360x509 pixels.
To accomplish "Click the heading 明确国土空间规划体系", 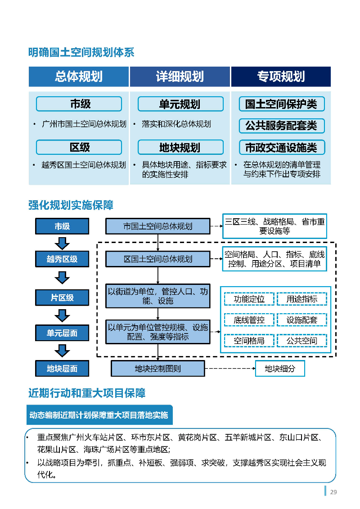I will pos(81,53).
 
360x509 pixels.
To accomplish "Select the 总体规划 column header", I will pos(79,77).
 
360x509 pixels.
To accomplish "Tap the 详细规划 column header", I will pos(180,77).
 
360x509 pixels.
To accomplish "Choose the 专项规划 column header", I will pos(281,77).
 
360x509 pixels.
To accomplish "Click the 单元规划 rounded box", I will pos(180,104).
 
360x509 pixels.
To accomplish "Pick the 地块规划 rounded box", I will pos(180,148).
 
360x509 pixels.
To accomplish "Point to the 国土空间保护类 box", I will pos(281,104).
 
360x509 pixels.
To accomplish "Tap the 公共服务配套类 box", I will pos(281,126).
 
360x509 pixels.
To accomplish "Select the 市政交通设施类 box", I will pos(281,147).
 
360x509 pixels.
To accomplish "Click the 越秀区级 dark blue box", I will pos(62,259).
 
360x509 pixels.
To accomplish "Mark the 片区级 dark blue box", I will pos(62,297).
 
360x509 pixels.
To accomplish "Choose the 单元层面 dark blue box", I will pos(62,333).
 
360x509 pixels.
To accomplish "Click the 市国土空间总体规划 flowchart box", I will pos(158,226).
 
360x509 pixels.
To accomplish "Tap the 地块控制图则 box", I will pos(158,369).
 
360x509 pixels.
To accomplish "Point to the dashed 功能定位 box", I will pos(249,299).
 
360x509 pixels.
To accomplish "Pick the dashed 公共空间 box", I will pos(302,341).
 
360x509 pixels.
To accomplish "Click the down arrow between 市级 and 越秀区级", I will pos(62,243).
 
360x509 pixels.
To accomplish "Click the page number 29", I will pos(333,492).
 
